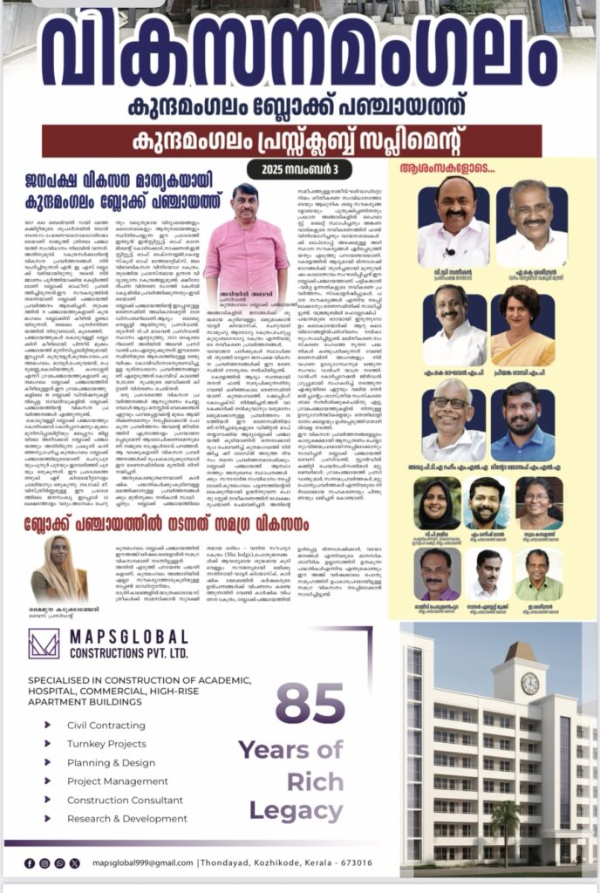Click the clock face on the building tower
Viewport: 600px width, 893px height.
click(529, 683)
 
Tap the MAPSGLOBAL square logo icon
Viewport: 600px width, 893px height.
click(43, 644)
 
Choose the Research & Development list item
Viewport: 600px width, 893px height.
click(127, 818)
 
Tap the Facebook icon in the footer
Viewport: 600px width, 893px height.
click(31, 863)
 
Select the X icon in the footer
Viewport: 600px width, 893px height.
click(59, 863)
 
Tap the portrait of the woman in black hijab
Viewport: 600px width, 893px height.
click(438, 503)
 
